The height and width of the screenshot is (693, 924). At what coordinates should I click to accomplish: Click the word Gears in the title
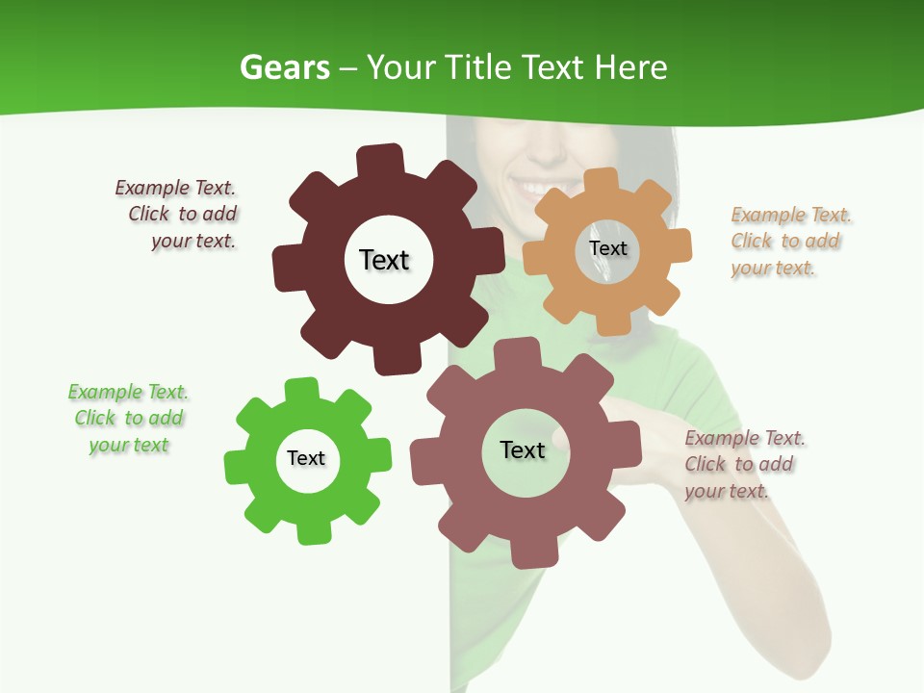click(x=284, y=67)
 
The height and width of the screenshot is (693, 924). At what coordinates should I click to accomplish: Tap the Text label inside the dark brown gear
click(x=384, y=260)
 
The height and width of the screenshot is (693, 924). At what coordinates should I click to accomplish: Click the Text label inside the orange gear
click(x=607, y=248)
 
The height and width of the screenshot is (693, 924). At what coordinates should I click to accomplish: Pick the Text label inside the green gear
click(x=306, y=458)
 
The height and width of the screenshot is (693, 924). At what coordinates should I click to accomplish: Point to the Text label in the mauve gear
click(x=523, y=449)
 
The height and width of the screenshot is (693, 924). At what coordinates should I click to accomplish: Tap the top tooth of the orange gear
click(x=602, y=180)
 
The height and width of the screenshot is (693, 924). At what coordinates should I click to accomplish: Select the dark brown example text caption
click(x=177, y=215)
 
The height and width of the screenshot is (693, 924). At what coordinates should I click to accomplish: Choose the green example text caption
click(x=128, y=419)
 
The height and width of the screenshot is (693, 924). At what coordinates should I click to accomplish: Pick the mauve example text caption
click(x=744, y=465)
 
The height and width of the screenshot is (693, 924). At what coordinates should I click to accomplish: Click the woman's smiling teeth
click(x=533, y=184)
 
